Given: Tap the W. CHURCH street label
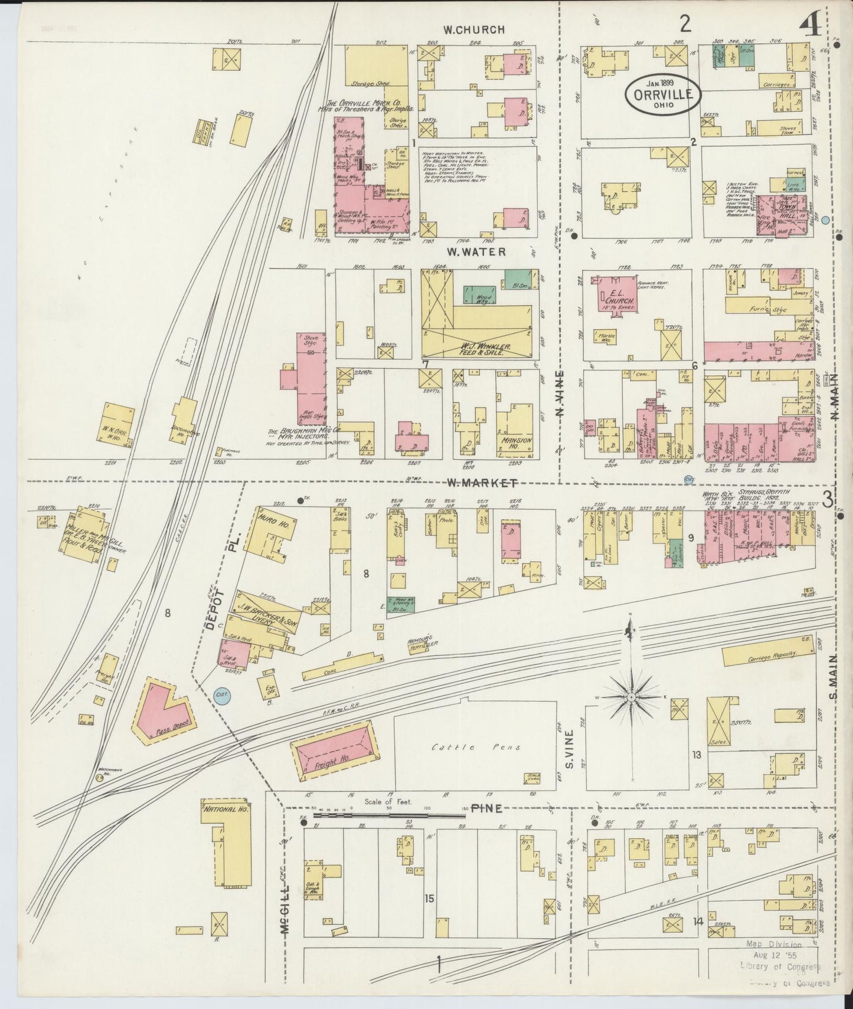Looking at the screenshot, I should pyautogui.click(x=475, y=29).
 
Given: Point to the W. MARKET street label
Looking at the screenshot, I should pyautogui.click(x=482, y=483).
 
